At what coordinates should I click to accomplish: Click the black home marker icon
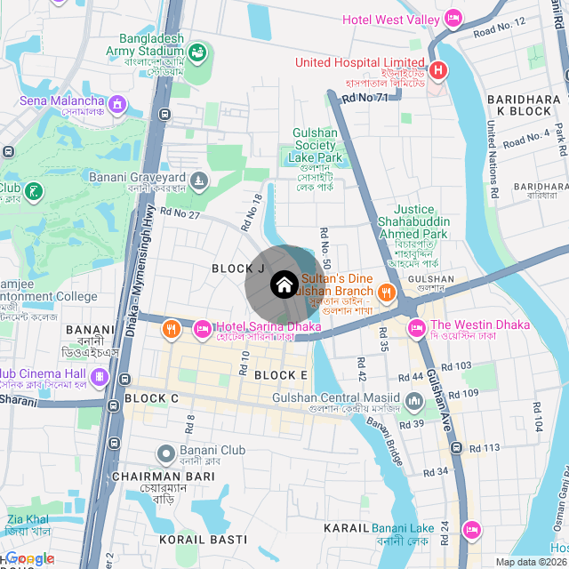click(283, 284)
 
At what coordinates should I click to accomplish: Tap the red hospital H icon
click(437, 70)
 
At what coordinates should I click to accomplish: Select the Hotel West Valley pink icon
click(453, 19)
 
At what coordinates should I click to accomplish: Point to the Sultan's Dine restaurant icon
click(386, 292)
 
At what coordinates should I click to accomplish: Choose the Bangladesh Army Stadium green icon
click(196, 52)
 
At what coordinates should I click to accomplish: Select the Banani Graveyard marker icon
click(199, 180)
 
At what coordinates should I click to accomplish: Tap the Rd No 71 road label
click(365, 97)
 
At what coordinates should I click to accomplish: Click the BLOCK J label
click(238, 268)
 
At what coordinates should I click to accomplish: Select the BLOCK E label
click(280, 375)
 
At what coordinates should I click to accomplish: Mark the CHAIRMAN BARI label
click(164, 477)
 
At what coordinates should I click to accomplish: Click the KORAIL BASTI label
click(203, 540)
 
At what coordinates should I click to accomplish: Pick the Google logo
click(30, 558)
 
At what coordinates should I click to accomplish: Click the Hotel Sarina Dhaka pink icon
click(203, 330)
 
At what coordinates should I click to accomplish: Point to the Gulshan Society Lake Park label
click(316, 145)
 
